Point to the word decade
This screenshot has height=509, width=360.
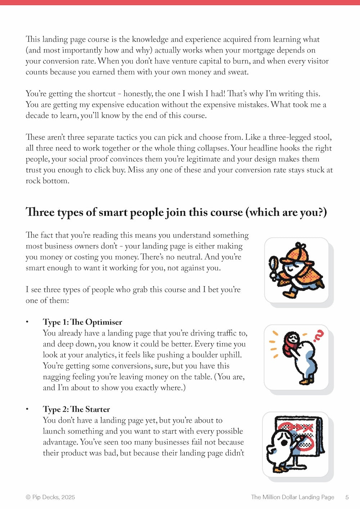pyautogui.click(x=37, y=116)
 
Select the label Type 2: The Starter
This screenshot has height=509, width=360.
pyautogui.click(x=76, y=409)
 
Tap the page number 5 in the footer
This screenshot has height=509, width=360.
pyautogui.click(x=347, y=497)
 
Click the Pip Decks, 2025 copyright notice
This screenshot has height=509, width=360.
pyautogui.click(x=50, y=497)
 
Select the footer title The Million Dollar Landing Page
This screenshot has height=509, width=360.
pyautogui.click(x=292, y=497)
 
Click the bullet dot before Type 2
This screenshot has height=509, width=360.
pyautogui.click(x=27, y=409)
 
